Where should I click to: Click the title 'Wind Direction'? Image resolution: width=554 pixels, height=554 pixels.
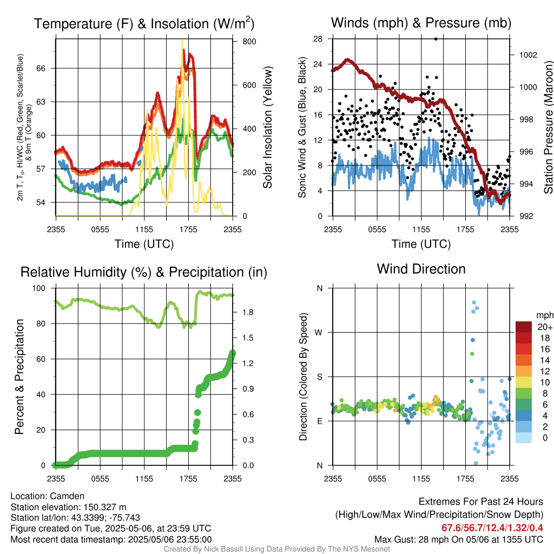pyautogui.click(x=421, y=269)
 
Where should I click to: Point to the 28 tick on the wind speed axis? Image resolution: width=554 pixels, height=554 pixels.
pyautogui.click(x=318, y=39)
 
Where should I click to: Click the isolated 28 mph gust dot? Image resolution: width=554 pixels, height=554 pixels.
pyautogui.click(x=436, y=39)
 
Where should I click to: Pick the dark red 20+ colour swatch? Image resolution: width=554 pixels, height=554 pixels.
pyautogui.click(x=524, y=327)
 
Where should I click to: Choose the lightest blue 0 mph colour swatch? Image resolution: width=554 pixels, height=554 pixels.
pyautogui.click(x=524, y=438)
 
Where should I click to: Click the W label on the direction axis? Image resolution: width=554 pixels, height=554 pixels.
pyautogui.click(x=319, y=332)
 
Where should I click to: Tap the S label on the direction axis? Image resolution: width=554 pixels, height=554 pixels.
pyautogui.click(x=319, y=377)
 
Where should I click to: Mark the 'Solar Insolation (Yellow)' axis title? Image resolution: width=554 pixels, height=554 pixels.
pyautogui.click(x=268, y=128)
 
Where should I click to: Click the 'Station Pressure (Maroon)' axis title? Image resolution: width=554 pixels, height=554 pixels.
pyautogui.click(x=548, y=128)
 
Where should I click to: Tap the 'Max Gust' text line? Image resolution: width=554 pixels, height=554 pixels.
pyautogui.click(x=459, y=539)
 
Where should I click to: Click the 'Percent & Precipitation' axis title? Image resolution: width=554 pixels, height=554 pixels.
pyautogui.click(x=19, y=377)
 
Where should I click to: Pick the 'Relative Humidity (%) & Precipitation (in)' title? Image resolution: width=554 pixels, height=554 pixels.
pyautogui.click(x=144, y=272)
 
